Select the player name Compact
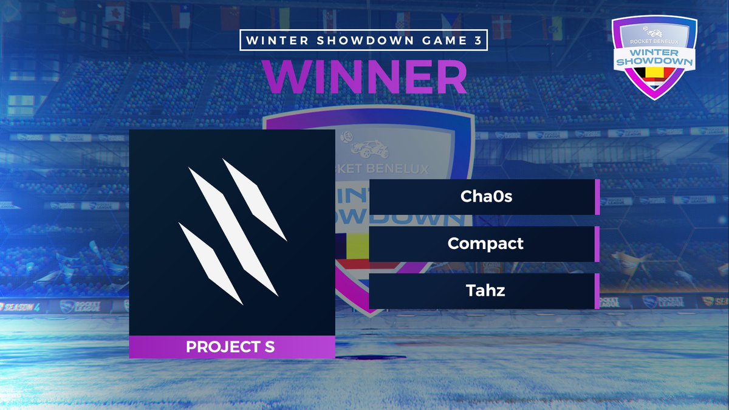[485, 244]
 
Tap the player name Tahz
[485, 291]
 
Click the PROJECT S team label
[230, 347]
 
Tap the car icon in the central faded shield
[367, 148]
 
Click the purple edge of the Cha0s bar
[597, 197]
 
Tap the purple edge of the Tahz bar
[597, 291]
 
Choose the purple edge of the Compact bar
[597, 244]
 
